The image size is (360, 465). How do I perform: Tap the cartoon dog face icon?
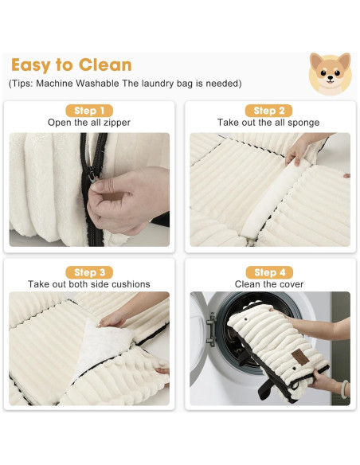pyautogui.click(x=329, y=73)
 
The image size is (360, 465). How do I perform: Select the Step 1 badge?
pyautogui.click(x=89, y=111)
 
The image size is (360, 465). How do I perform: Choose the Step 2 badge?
pyautogui.click(x=269, y=111)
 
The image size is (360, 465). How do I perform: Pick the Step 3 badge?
pyautogui.click(x=89, y=272)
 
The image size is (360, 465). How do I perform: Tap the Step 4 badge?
pyautogui.click(x=269, y=272)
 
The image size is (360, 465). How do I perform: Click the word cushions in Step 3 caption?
pyautogui.click(x=130, y=284)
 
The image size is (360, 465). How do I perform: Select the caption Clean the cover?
pyautogui.click(x=269, y=284)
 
